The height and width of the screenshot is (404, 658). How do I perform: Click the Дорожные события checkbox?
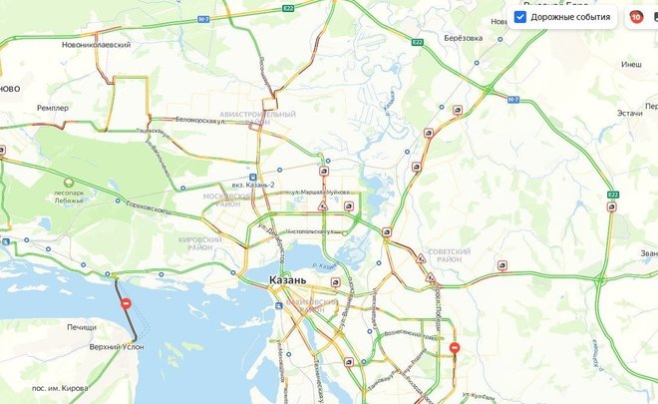(x=520, y=17)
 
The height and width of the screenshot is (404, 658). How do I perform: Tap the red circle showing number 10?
(x=635, y=17)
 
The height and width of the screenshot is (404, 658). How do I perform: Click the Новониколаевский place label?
(x=83, y=58)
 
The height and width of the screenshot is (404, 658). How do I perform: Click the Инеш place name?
(x=631, y=65)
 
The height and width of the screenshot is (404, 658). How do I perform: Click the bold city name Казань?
(x=294, y=280)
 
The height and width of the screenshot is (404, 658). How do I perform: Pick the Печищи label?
(x=81, y=327)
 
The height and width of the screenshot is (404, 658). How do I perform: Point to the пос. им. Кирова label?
(x=63, y=386)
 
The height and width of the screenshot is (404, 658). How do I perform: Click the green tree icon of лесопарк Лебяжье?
(x=69, y=182)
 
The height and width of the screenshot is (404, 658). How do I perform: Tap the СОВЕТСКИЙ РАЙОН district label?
(x=449, y=256)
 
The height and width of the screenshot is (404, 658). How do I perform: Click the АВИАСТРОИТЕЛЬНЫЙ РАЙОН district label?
(x=257, y=120)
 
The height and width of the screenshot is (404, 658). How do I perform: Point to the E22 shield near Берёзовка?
(x=418, y=42)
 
